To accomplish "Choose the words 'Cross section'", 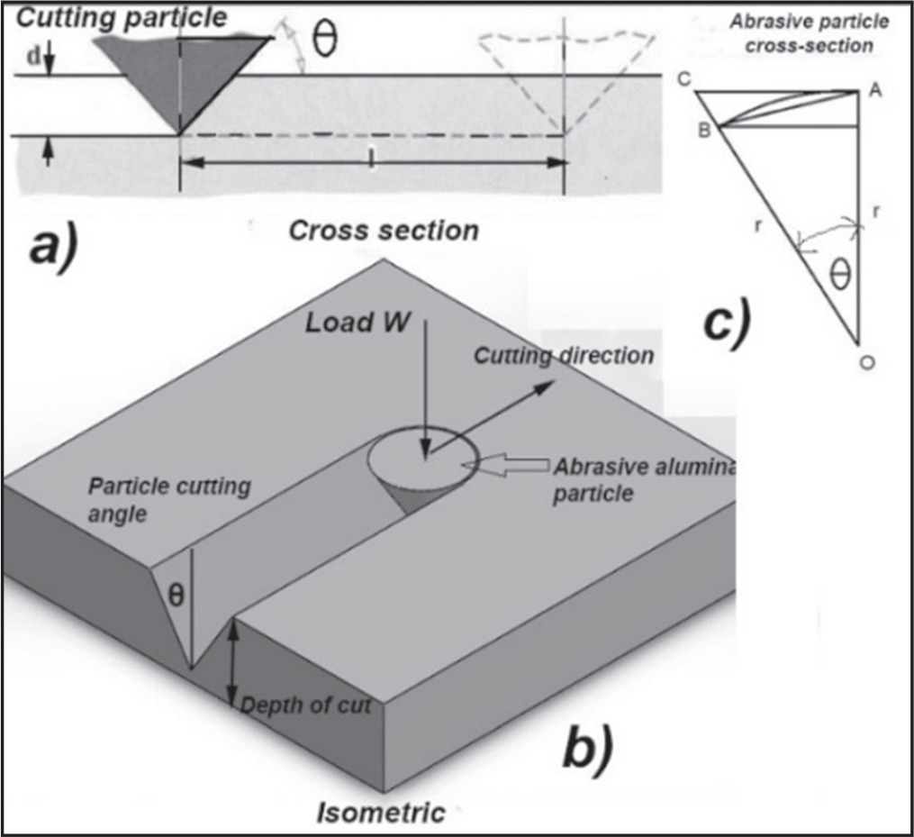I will pyautogui.click(x=384, y=231).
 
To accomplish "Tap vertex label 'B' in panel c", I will pyautogui.click(x=705, y=132).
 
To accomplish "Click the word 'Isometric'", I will pyautogui.click(x=381, y=813).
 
